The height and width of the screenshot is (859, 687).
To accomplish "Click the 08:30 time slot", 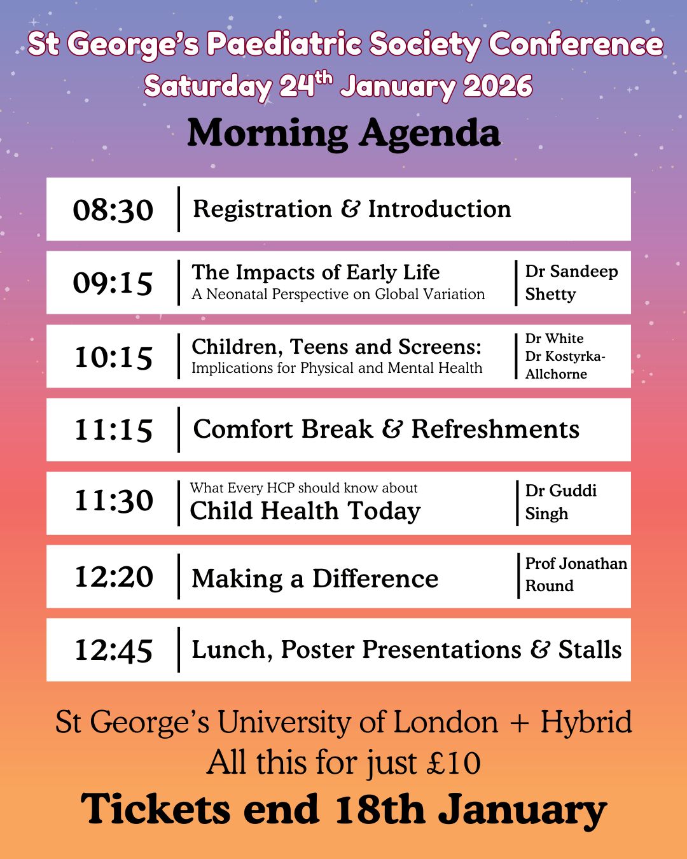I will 113,210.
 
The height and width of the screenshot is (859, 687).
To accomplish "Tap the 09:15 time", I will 113,283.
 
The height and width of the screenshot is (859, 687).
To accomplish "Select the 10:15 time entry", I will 113,357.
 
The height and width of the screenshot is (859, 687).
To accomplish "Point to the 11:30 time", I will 113,501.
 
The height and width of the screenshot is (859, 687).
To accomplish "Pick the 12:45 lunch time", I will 113,650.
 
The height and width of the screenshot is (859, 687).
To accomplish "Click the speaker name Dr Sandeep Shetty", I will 571,283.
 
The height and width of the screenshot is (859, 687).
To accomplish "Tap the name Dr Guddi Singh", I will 560,502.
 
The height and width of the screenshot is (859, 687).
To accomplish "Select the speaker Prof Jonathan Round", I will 575,575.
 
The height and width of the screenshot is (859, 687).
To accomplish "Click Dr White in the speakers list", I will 554,339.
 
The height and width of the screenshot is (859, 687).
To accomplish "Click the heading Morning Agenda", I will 343,134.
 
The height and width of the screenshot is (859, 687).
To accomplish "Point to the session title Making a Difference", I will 315,579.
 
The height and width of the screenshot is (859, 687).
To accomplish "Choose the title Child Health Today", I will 305,511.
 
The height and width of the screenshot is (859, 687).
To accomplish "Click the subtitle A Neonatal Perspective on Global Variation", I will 338,295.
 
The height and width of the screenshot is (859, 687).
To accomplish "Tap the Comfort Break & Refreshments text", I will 386,429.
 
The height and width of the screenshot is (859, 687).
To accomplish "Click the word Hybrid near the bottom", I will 586,723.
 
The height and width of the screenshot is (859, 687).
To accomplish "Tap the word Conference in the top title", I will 576,45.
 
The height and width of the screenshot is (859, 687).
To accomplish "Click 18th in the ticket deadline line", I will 379,810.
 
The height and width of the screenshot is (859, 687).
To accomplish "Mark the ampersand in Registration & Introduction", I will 350,209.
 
